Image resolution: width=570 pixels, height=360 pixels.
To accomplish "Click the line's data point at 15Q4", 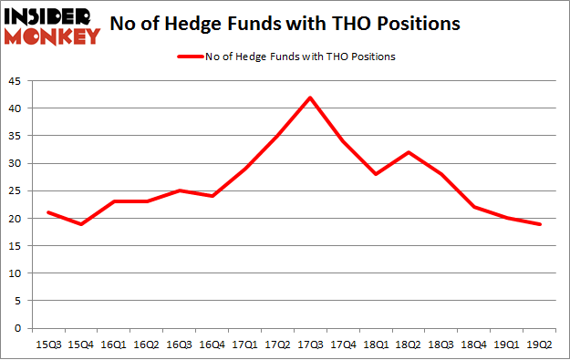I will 81,223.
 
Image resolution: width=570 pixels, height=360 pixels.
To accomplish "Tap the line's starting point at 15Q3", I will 48,212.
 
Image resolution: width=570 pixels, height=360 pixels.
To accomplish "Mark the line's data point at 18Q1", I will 377,174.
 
